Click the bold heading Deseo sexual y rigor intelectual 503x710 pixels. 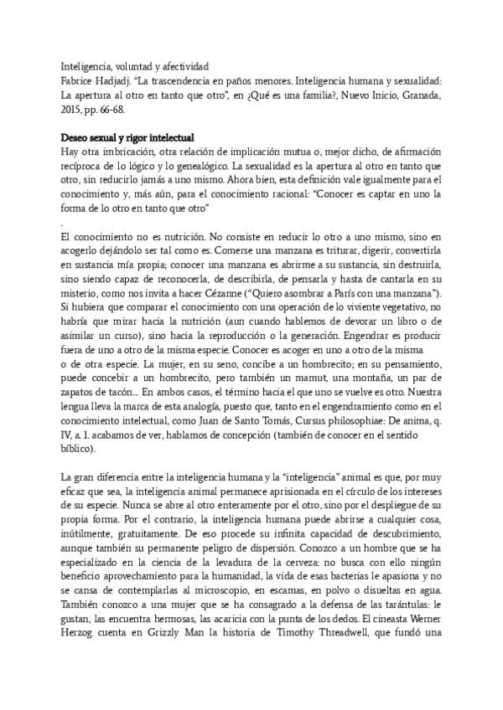point(128,137)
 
